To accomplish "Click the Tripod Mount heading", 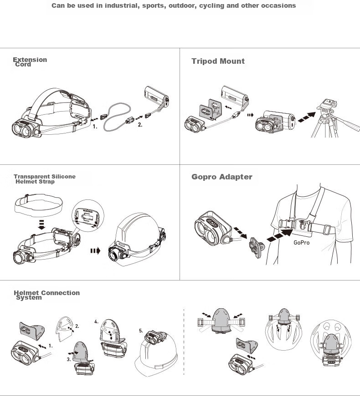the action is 218,61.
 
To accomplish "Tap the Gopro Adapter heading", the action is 222,177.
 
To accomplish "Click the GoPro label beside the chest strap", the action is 302,243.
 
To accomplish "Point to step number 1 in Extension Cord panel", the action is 95,127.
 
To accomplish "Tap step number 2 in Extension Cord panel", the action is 140,125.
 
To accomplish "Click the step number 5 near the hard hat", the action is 141,331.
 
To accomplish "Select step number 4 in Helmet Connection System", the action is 96,322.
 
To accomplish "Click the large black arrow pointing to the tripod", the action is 307,117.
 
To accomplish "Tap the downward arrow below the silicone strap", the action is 41,225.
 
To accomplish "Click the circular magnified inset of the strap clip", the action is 88,215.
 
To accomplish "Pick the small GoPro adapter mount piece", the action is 257,247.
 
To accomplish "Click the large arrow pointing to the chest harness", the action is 280,235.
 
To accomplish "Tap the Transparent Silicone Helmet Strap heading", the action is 45,179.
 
